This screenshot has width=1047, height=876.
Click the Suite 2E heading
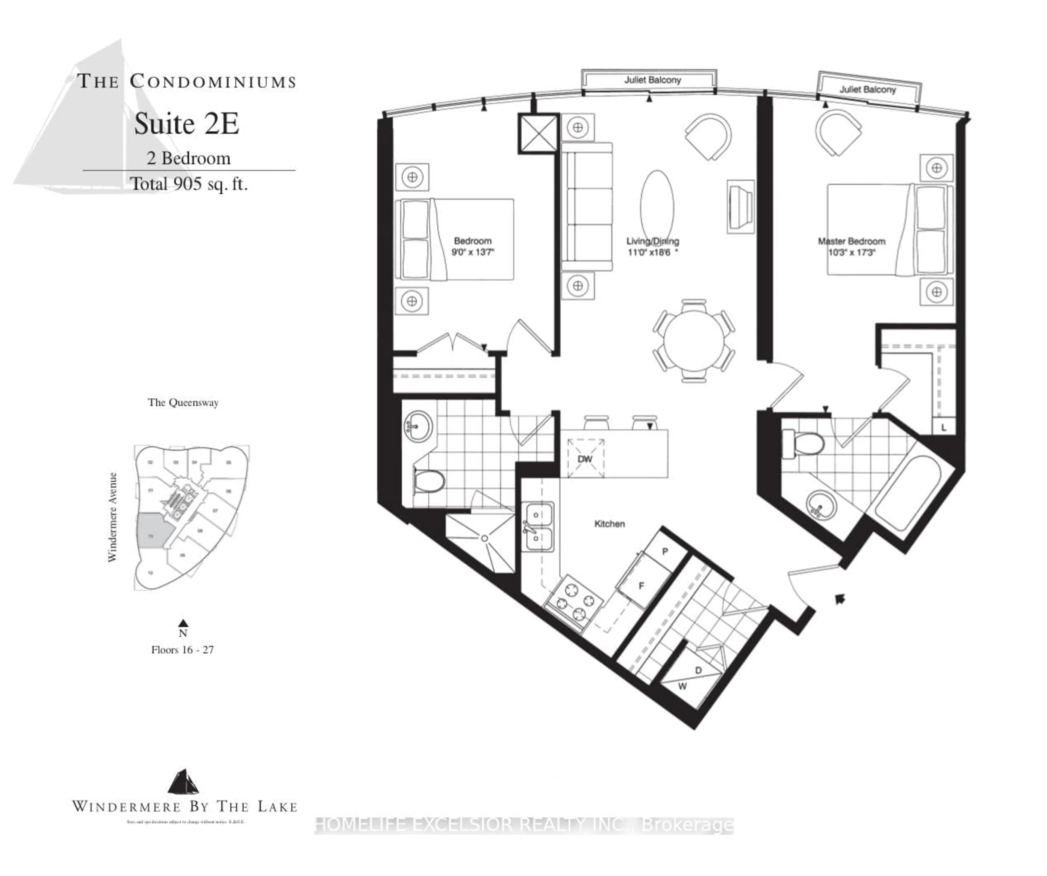pos(186,124)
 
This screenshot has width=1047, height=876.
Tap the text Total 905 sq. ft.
pos(189,184)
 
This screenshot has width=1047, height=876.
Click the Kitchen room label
pos(609,524)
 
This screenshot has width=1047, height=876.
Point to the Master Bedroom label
pos(852,241)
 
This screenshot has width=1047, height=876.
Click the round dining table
pos(694,341)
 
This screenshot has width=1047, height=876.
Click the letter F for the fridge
pos(641,586)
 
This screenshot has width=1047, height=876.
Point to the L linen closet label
pos(944,428)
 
